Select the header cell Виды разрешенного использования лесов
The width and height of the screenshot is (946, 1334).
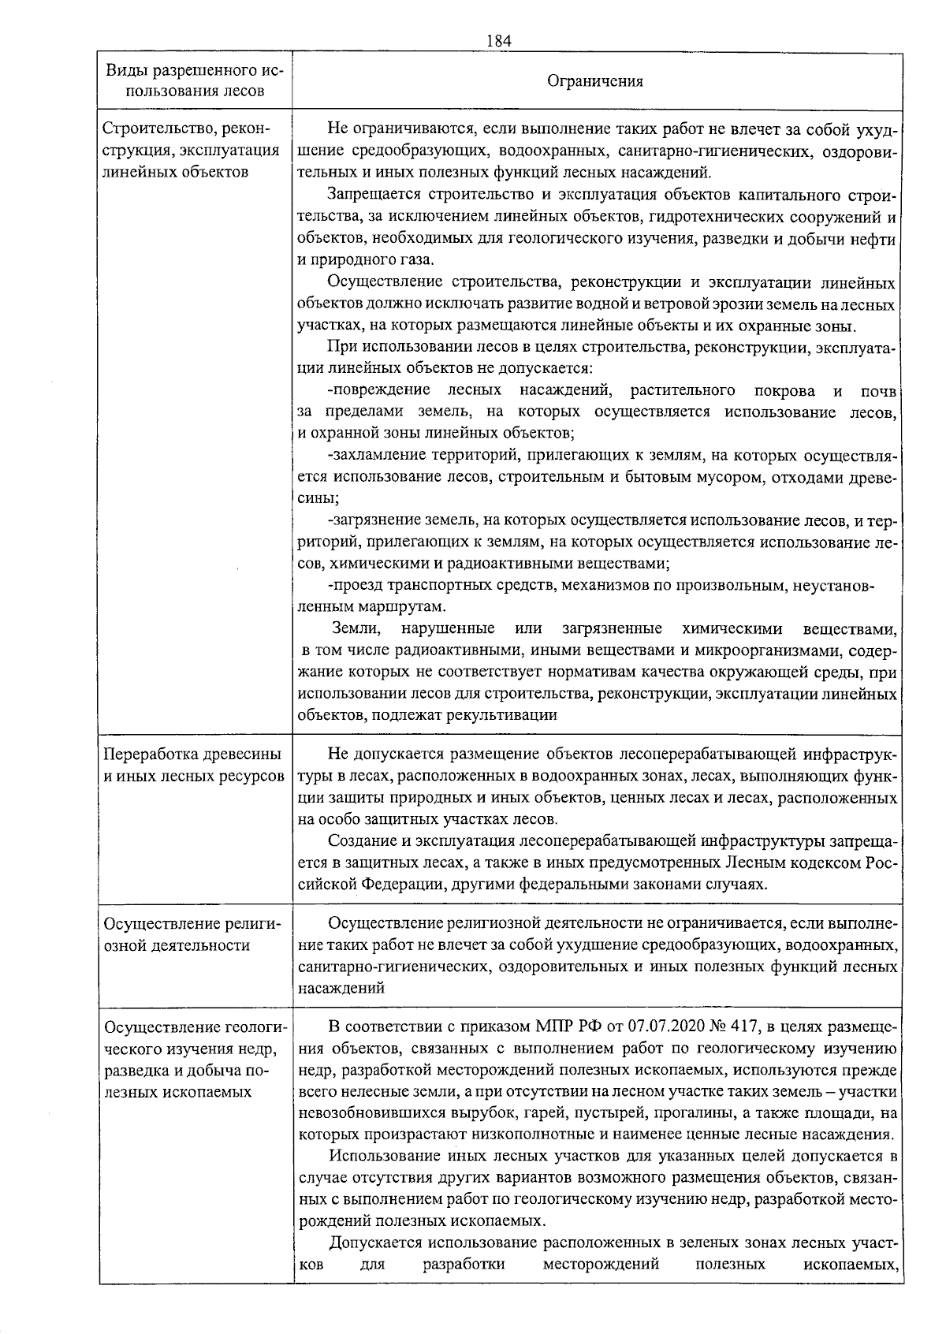pos(195,81)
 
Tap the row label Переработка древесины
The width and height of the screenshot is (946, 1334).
pos(192,755)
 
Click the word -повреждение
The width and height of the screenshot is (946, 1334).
pos(378,390)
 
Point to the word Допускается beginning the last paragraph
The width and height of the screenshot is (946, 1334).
pos(375,1244)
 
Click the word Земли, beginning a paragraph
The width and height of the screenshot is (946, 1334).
pos(356,629)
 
